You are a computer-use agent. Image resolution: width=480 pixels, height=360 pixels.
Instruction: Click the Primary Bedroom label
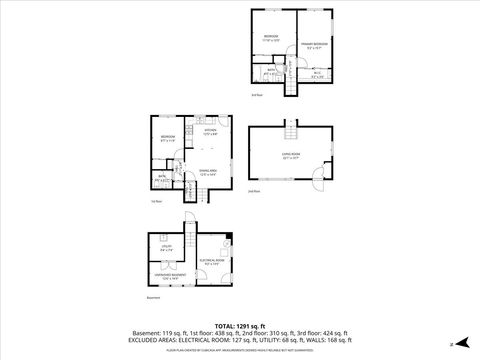(x=313, y=45)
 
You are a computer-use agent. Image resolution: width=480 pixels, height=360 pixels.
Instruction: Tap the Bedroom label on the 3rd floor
(x=271, y=37)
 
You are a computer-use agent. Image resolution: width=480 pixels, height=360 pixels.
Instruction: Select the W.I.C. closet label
(x=316, y=73)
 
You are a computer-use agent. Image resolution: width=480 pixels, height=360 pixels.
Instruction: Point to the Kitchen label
(x=210, y=131)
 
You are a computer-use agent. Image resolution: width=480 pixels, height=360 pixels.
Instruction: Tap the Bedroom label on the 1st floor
(x=167, y=138)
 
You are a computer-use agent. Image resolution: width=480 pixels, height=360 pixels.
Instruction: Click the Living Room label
(x=290, y=154)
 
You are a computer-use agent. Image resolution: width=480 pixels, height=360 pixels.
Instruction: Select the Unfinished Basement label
(x=165, y=276)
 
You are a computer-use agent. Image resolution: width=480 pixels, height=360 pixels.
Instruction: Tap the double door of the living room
(x=319, y=181)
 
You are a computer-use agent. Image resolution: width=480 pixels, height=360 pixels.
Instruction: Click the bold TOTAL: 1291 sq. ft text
(x=240, y=325)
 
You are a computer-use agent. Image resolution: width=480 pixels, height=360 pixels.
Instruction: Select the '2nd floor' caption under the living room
(x=254, y=190)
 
